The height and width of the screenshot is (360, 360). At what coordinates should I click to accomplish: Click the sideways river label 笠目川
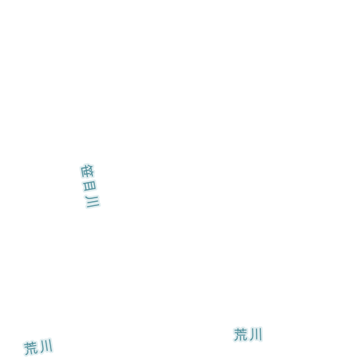(x=90, y=186)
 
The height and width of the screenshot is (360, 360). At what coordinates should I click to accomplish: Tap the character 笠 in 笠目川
(x=87, y=171)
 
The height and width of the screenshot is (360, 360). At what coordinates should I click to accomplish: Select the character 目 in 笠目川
(x=89, y=186)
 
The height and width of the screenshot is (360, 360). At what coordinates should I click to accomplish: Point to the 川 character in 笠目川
(x=92, y=201)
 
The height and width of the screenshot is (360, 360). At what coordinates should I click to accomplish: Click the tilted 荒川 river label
(x=38, y=347)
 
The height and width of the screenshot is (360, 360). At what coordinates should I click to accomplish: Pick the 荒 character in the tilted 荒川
(x=31, y=348)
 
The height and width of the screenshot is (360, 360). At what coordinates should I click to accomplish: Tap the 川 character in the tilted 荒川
(x=46, y=346)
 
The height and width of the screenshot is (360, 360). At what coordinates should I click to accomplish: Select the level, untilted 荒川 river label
(x=247, y=334)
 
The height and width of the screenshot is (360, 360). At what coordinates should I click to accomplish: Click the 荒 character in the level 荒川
(x=240, y=335)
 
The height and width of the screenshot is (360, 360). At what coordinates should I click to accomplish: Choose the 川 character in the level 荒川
(x=255, y=334)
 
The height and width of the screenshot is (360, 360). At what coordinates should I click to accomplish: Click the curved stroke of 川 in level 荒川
(x=251, y=335)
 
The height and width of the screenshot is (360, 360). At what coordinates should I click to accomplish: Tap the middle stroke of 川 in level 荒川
(x=255, y=334)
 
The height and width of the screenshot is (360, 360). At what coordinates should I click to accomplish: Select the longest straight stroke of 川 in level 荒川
(x=261, y=335)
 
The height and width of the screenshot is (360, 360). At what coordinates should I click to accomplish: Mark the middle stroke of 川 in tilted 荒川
(x=46, y=345)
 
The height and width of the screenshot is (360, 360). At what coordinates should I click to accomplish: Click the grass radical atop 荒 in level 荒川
(x=240, y=330)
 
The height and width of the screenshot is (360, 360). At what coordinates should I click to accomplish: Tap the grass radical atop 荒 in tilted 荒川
(x=30, y=344)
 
